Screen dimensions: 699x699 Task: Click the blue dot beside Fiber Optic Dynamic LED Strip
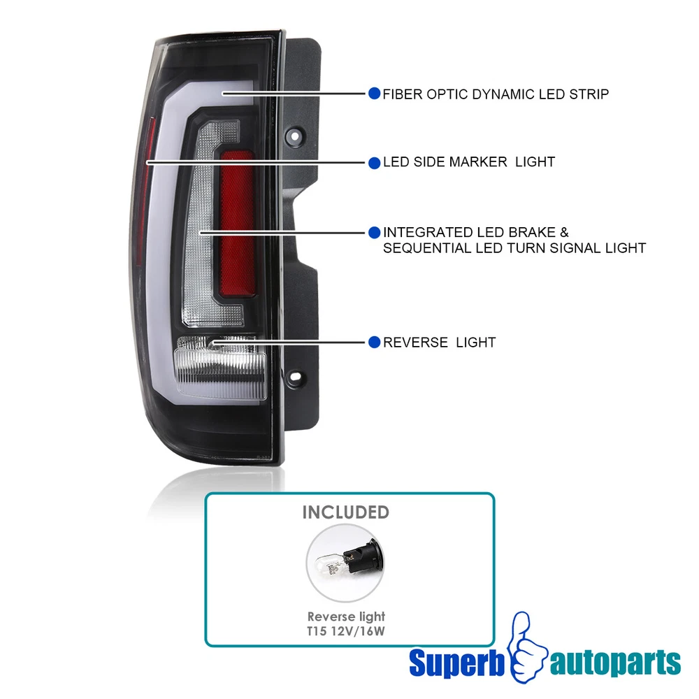coord(374,94)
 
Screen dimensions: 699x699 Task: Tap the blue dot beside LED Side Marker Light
coord(374,163)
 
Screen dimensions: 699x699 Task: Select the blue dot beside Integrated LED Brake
coord(374,232)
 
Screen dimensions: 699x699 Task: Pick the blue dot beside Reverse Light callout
coord(374,343)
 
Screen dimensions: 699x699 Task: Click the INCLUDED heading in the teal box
coord(345,512)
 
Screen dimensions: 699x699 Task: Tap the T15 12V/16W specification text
coord(345,630)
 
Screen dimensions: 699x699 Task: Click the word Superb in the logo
coord(457,663)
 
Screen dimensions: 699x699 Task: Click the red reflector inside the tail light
coord(237,223)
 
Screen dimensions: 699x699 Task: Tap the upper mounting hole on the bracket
coord(295,135)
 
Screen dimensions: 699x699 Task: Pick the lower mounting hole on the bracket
coord(294,377)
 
